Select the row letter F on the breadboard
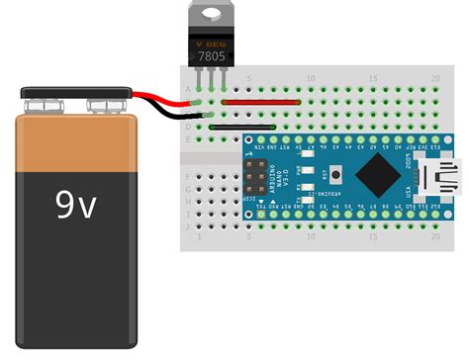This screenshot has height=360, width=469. pos(188,175)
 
